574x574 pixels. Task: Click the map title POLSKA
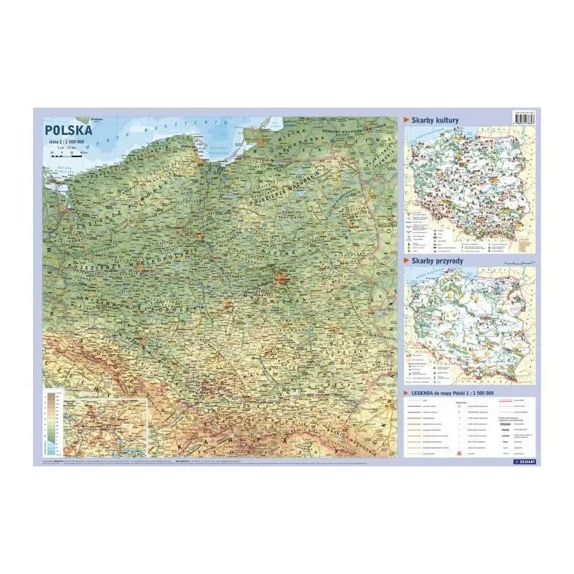pyautogui.click(x=68, y=131)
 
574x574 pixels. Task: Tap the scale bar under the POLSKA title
pyautogui.click(x=62, y=153)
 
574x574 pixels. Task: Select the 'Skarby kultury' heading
pyautogui.click(x=436, y=120)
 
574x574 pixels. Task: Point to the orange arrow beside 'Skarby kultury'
pyautogui.click(x=408, y=120)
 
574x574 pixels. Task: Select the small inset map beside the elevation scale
pyautogui.click(x=105, y=425)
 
